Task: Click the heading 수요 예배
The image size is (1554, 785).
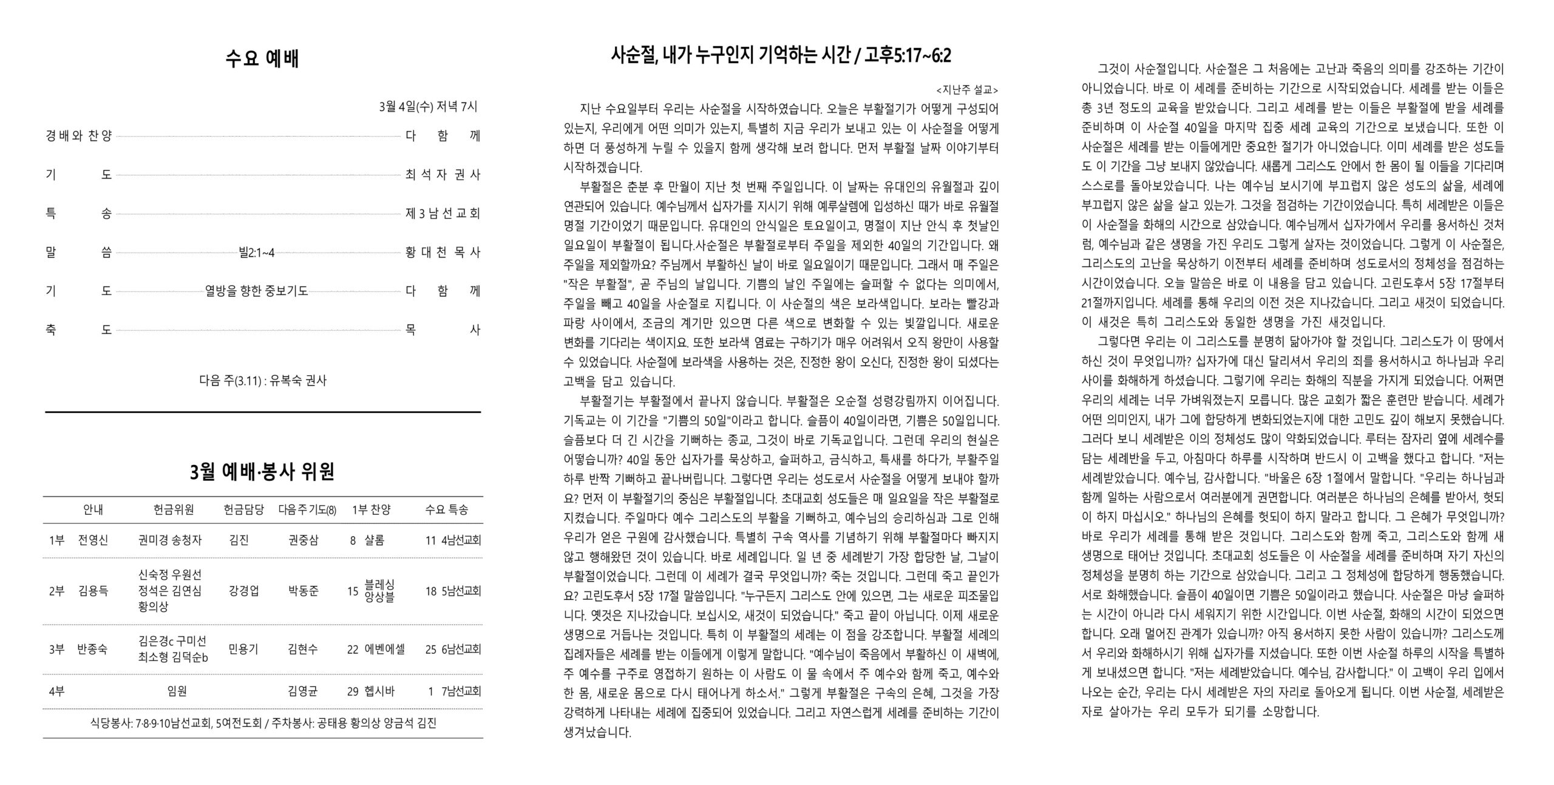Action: point(262,59)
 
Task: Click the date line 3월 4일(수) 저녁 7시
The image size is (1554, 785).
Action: point(428,107)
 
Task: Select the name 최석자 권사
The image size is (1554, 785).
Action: point(443,175)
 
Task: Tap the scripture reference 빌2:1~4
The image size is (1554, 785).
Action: point(257,253)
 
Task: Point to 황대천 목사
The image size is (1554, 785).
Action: point(443,253)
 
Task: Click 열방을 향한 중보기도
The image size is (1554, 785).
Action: point(257,291)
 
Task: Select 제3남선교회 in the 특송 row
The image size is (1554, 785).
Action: point(443,214)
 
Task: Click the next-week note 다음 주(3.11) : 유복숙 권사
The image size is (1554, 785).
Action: point(262,381)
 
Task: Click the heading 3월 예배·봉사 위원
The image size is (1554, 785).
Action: point(262,472)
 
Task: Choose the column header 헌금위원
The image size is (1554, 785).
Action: point(174,510)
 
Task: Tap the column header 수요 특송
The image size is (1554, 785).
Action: point(446,510)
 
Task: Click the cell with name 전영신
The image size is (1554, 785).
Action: point(93,540)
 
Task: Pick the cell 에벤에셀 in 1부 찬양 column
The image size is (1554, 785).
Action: point(385,649)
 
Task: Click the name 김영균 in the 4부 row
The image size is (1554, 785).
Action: point(303,691)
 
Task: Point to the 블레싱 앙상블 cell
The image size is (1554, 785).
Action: point(379,591)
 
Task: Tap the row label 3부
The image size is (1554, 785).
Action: point(56,649)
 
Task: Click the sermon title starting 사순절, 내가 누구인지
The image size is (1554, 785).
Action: point(781,56)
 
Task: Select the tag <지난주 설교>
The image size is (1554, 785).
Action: point(967,90)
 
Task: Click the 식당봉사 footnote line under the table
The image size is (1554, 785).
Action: point(263,723)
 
